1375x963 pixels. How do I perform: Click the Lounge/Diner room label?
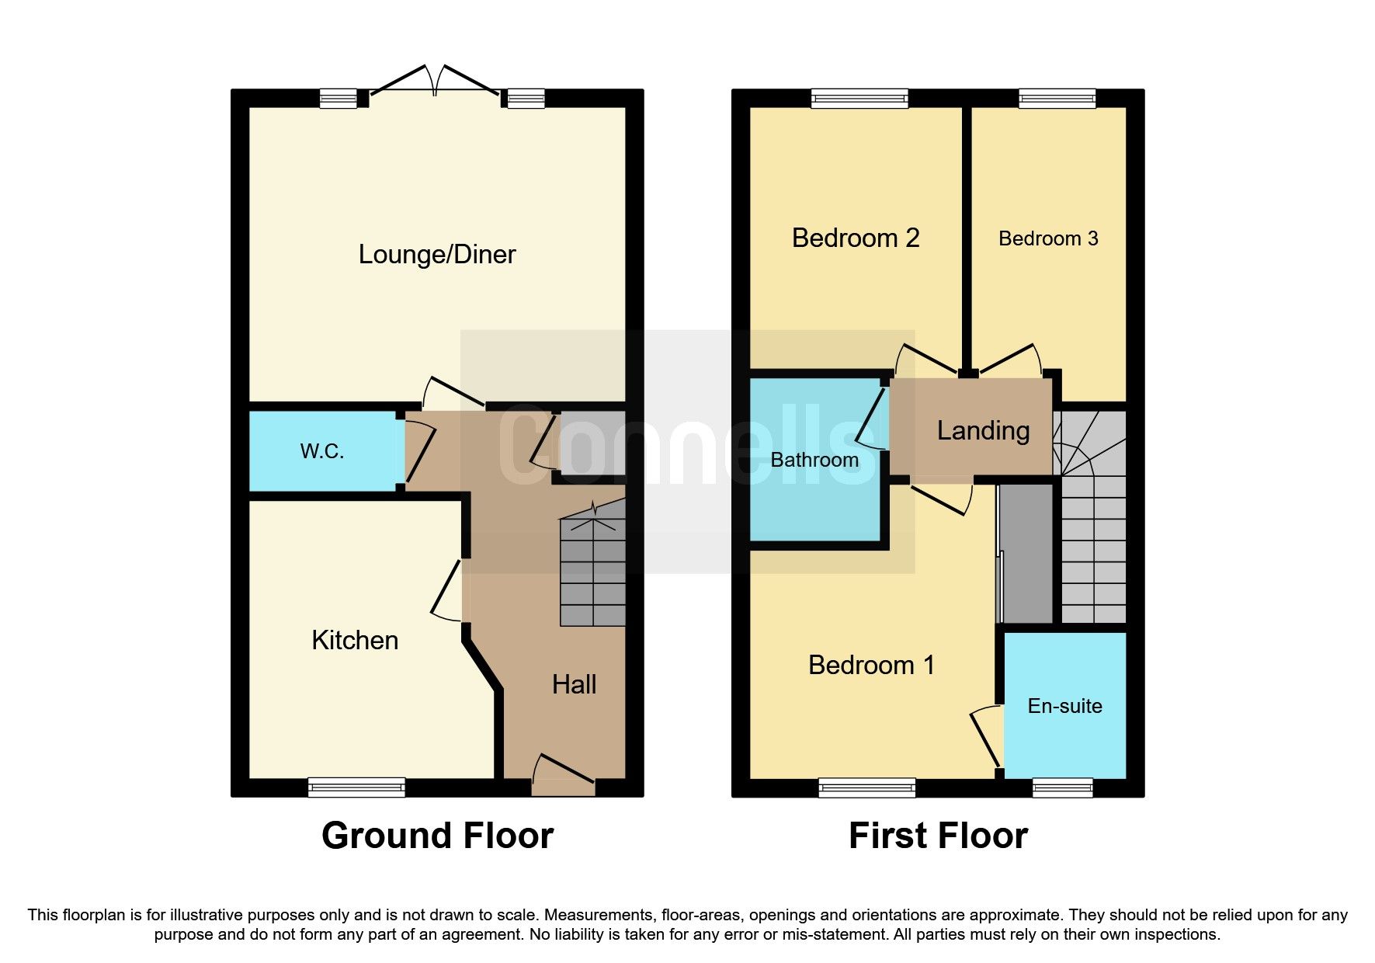pos(437,255)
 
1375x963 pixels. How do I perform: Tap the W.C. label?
pos(322,451)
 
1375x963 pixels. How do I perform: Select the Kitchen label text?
pos(355,641)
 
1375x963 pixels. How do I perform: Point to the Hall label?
pos(574,684)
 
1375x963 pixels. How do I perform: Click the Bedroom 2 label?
pos(856,238)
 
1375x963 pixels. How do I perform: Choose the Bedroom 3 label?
pos(1048,238)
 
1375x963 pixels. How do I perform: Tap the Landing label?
pos(983,430)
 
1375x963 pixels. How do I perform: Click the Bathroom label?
pos(814,460)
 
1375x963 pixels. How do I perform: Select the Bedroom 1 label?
pos(871,665)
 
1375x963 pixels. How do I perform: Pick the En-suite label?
pos(1064,706)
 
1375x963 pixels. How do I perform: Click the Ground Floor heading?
pos(437,836)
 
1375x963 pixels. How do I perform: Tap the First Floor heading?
pos(938,836)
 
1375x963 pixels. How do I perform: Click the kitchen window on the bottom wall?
pos(356,787)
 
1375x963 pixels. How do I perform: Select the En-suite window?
pos(1062,787)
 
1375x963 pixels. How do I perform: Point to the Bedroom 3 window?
pos(1057,98)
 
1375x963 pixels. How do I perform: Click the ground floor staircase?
pos(593,571)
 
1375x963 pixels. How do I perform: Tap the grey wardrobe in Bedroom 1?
pos(1026,553)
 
